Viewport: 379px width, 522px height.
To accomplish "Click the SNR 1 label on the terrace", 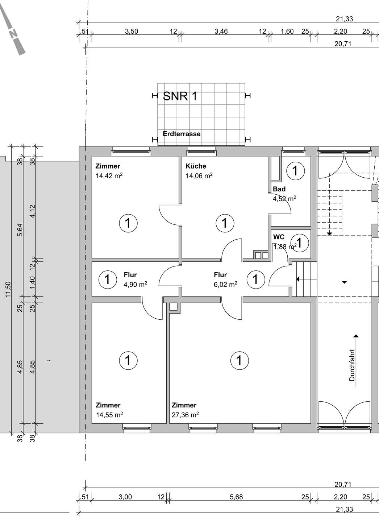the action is point(180,96).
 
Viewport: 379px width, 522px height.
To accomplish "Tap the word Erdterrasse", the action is point(182,134).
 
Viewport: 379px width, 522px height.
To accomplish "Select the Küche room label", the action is point(196,166).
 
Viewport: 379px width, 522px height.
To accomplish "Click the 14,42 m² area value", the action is point(109,176).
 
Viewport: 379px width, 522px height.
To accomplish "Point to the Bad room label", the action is point(279,189).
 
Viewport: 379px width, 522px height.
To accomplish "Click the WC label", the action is point(279,237).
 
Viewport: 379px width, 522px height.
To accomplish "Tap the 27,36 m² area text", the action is point(185,415).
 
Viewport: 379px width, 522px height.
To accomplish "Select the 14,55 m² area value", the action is point(109,415).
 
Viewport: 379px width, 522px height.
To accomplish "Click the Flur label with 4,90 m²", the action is point(130,275).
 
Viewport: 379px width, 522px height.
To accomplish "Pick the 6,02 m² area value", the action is point(225,285).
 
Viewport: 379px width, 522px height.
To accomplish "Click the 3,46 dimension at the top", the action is point(221,31).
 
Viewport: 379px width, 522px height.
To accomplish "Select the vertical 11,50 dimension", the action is point(8,290).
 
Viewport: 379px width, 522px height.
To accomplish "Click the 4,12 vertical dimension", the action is point(33,211).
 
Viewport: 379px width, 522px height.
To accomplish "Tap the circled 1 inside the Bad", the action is point(295,171).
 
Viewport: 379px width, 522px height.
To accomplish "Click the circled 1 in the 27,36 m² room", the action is point(240,360).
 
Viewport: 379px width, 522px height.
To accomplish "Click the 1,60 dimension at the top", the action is point(287,31).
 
